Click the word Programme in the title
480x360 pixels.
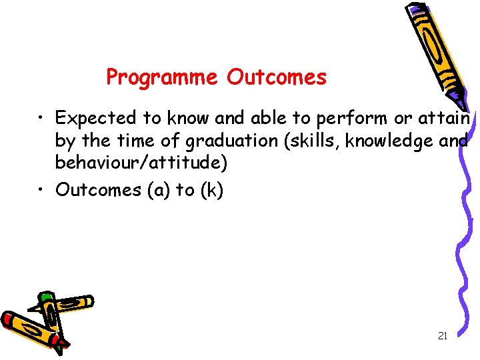pyautogui.click(x=162, y=78)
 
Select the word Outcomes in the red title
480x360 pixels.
pyautogui.click(x=277, y=77)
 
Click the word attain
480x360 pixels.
pyautogui.click(x=446, y=118)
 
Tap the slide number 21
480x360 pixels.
pyautogui.click(x=442, y=336)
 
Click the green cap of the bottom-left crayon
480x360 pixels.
pyautogui.click(x=45, y=297)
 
